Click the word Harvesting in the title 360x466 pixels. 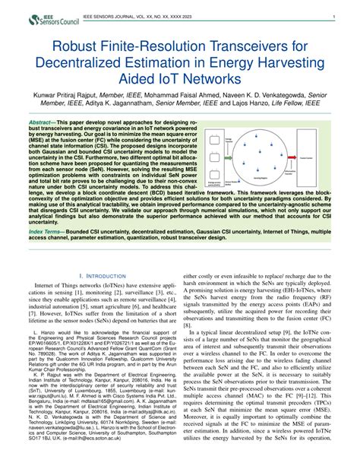(279, 62)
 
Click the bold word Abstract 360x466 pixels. (43, 122)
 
